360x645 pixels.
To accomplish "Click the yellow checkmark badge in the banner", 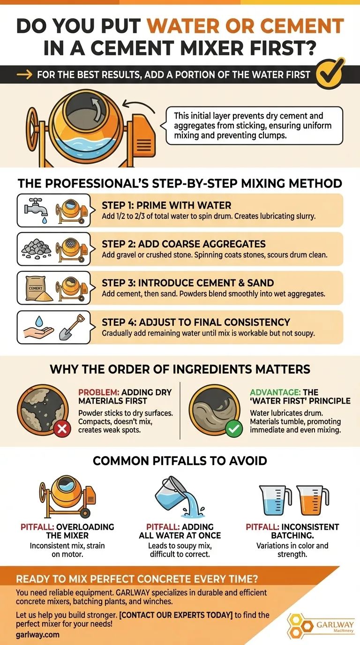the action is tap(330, 73).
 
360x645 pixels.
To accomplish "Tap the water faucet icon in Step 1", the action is tap(36, 210).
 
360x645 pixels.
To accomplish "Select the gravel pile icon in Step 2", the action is tap(37, 249).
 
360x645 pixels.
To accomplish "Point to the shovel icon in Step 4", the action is tap(72, 327).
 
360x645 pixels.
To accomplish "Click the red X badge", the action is tap(62, 429).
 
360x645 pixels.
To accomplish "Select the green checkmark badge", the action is tap(234, 429).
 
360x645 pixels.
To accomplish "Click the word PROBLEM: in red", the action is tap(99, 392).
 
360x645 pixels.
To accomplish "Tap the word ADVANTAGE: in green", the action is tap(275, 392).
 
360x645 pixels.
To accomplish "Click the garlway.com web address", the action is tap(37, 634).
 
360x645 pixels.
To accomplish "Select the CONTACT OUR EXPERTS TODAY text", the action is tap(176, 615).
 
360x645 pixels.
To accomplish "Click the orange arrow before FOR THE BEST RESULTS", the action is tap(24, 75).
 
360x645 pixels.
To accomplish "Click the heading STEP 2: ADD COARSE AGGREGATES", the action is tap(184, 244).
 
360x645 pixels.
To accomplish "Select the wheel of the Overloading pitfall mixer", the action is tap(85, 513).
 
